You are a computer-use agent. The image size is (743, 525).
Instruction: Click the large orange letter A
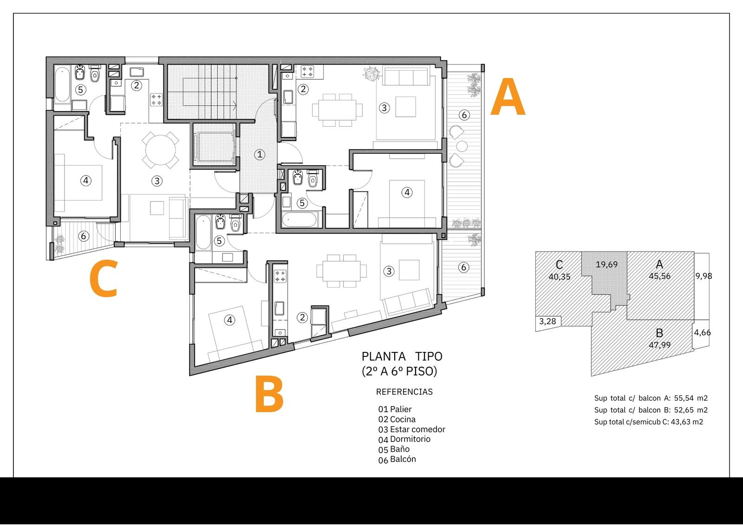pos(508,97)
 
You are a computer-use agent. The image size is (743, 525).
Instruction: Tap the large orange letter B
pos(269,394)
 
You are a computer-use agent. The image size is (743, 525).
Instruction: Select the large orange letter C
pos(104,278)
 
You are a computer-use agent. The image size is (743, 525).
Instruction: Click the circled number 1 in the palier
pos(260,154)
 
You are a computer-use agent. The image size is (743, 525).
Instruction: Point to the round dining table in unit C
pos(161,150)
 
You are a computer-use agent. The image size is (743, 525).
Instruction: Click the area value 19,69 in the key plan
pos(606,264)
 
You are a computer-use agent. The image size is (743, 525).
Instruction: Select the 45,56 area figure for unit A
pos(659,276)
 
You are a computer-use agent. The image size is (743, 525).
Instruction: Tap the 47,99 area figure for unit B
pos(659,345)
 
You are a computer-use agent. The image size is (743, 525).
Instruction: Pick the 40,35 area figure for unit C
pos(559,277)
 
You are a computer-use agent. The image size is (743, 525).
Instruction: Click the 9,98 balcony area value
pos(704,276)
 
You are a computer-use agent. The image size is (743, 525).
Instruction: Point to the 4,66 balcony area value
pos(702,332)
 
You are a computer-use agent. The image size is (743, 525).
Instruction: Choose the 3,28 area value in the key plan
pos(547,321)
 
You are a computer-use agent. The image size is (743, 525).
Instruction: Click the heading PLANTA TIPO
pos(402,356)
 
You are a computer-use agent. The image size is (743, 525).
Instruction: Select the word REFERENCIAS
pos(404,392)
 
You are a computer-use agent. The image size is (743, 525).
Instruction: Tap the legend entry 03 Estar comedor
pos(411,429)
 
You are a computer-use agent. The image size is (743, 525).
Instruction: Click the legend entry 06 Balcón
pos(397,460)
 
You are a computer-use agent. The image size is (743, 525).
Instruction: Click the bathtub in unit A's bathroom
pos(300,220)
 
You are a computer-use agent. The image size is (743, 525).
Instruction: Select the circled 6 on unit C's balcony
pos(83,236)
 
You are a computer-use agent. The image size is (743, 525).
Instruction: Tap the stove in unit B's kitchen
pos(280,276)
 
